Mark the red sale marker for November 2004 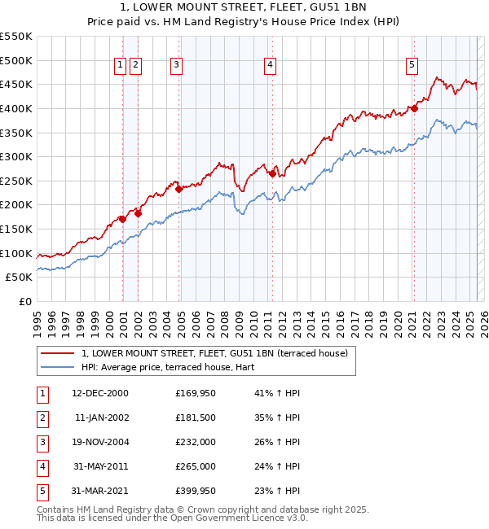178,190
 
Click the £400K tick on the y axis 16,108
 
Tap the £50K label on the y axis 20,278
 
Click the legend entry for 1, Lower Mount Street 214,353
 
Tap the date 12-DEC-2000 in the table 100,393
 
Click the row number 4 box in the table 42,466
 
